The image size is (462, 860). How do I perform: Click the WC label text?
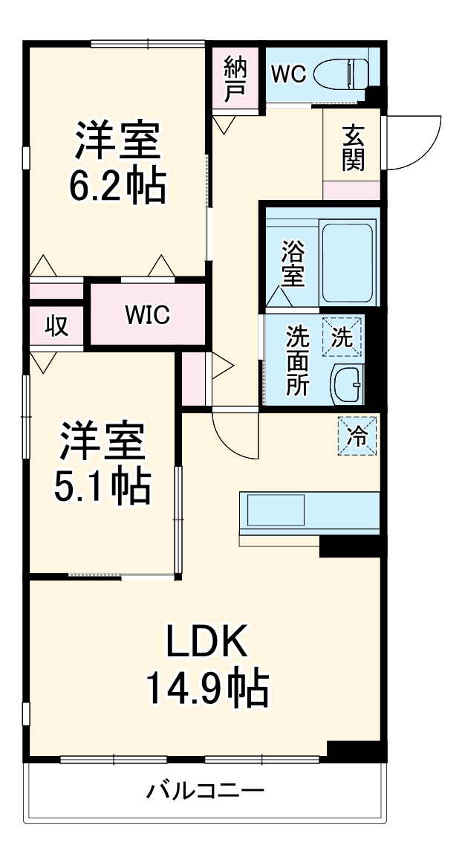tap(288, 74)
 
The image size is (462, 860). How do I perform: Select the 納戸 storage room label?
tap(235, 77)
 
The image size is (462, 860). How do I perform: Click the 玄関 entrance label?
tap(353, 149)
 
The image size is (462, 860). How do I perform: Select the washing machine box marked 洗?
tap(342, 337)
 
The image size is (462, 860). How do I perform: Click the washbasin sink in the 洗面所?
tap(347, 384)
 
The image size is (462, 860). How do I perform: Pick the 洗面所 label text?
tap(298, 361)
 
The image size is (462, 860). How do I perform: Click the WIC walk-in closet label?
tap(147, 315)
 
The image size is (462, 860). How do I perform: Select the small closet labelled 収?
tap(56, 325)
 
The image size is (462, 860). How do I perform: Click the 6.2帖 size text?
tap(117, 187)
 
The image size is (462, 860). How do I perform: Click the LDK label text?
tap(206, 643)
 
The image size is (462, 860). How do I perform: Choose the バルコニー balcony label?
tap(204, 789)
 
